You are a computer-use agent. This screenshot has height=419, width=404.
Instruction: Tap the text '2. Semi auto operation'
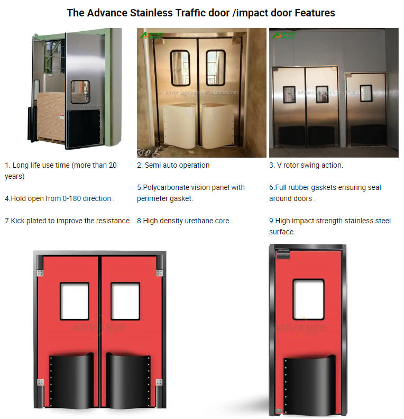click(173, 165)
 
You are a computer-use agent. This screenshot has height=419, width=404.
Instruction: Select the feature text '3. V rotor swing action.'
click(306, 165)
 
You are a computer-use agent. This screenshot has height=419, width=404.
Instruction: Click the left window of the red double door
click(75, 301)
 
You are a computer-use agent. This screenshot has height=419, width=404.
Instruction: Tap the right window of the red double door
click(125, 301)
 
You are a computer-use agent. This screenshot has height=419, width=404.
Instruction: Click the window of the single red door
click(308, 299)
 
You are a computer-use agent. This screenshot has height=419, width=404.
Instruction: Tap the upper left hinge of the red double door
click(40, 273)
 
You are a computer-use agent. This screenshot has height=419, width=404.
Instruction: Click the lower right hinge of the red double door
click(159, 382)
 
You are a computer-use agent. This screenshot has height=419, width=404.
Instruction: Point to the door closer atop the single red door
click(283, 254)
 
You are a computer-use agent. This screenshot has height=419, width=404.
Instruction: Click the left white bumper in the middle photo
click(179, 126)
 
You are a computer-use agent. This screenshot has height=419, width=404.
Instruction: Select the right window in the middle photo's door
click(216, 68)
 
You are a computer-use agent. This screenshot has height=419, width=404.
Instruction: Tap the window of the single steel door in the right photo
click(366, 93)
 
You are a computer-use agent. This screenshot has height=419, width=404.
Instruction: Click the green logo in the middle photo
click(151, 35)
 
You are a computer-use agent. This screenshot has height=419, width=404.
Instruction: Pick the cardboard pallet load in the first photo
click(51, 116)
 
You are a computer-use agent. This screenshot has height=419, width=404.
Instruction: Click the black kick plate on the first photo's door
click(83, 129)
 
